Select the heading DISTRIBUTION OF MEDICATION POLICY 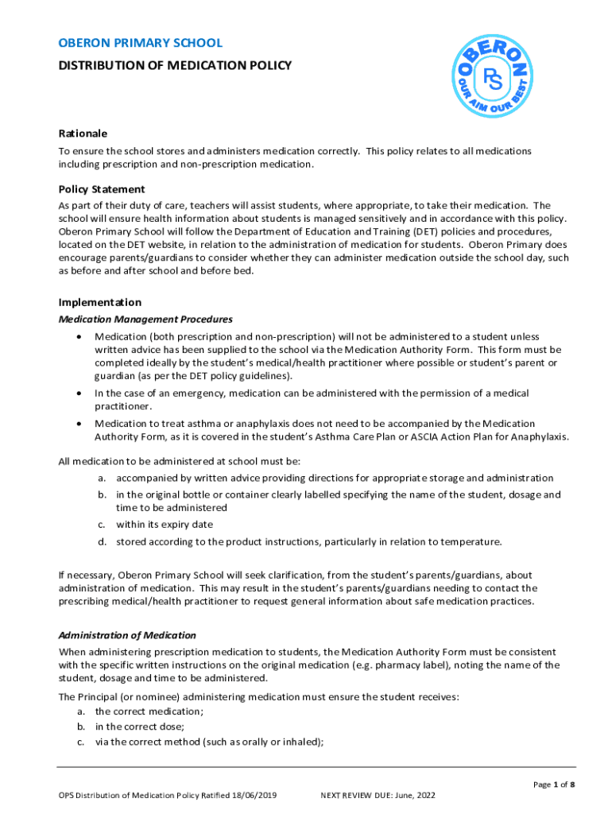pyautogui.click(x=175, y=65)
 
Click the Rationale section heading pyautogui.click(x=83, y=134)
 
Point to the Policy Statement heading pyautogui.click(x=102, y=189)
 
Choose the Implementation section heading pyautogui.click(x=100, y=302)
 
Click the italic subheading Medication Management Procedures pyautogui.click(x=145, y=320)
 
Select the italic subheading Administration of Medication pyautogui.click(x=127, y=635)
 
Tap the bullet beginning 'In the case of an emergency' pyautogui.click(x=78, y=393)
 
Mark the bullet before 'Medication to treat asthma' pyautogui.click(x=78, y=424)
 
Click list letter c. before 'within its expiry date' pyautogui.click(x=102, y=525)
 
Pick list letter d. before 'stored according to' pyautogui.click(x=102, y=542)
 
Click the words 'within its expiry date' pyautogui.click(x=165, y=525)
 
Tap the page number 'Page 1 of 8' pyautogui.click(x=553, y=785)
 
